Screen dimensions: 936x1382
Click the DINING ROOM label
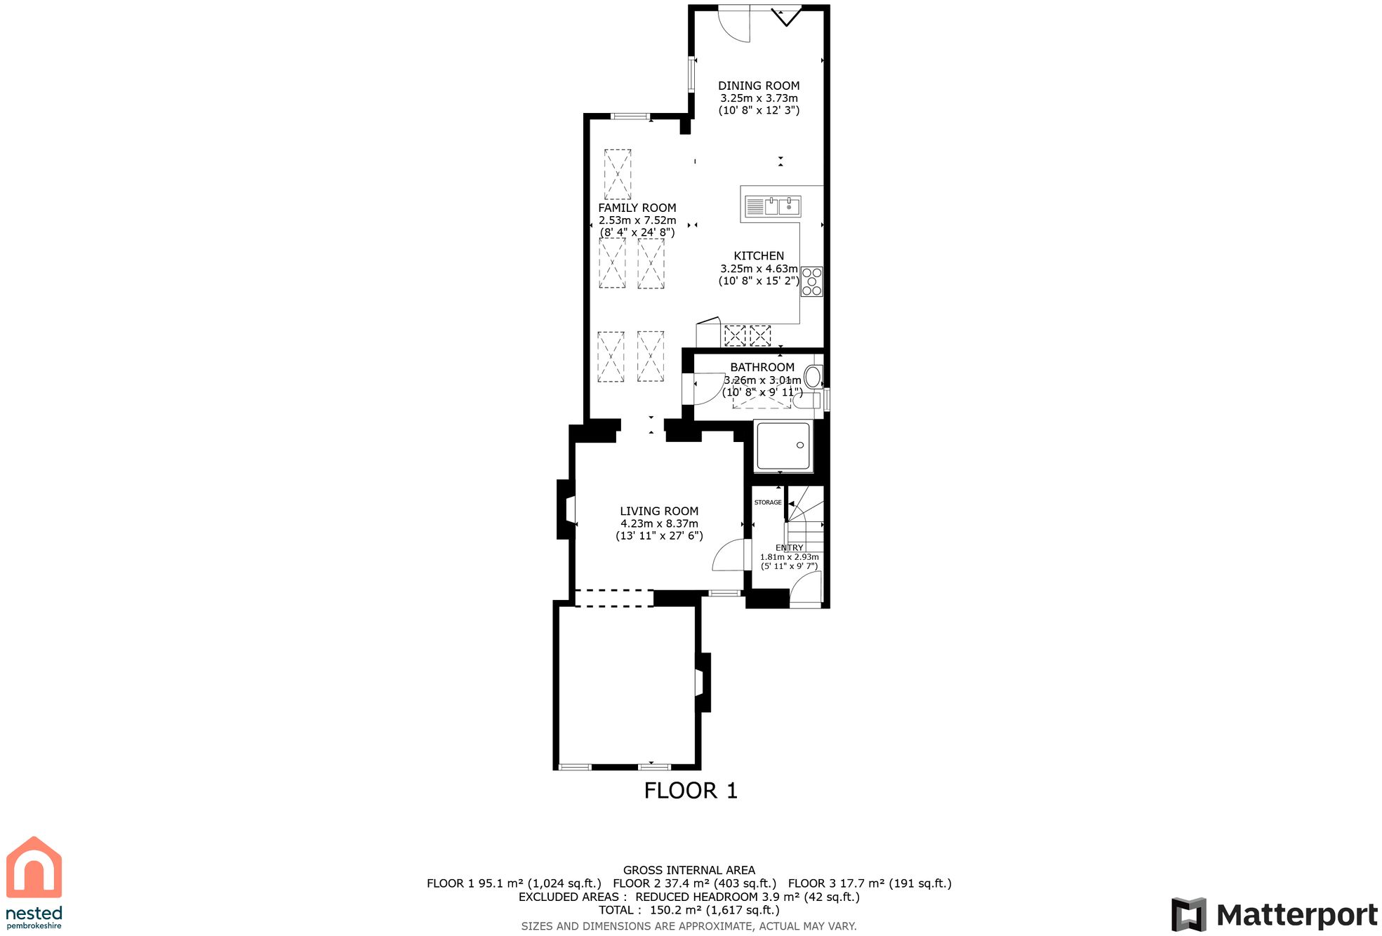[x=758, y=86]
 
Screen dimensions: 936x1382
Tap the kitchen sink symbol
[x=772, y=206]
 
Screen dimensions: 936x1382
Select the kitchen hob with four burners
[x=811, y=281]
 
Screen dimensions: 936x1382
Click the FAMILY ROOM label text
[x=637, y=208]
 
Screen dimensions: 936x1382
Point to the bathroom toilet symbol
[x=813, y=377]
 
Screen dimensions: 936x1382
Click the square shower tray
[x=783, y=446]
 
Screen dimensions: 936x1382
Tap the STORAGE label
[x=767, y=502]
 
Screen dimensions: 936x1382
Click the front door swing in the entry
[x=806, y=588]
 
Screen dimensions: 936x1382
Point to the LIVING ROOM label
[x=658, y=512]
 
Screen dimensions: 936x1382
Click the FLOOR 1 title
[x=690, y=791]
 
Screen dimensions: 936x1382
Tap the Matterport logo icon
[x=1188, y=914]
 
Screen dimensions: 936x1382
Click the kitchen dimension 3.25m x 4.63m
[x=758, y=269]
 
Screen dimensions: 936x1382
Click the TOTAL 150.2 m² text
[x=689, y=910]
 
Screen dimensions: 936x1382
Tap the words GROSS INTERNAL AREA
[x=689, y=870]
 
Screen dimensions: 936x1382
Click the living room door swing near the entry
[x=729, y=556]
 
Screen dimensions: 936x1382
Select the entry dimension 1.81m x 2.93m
[x=789, y=557]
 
